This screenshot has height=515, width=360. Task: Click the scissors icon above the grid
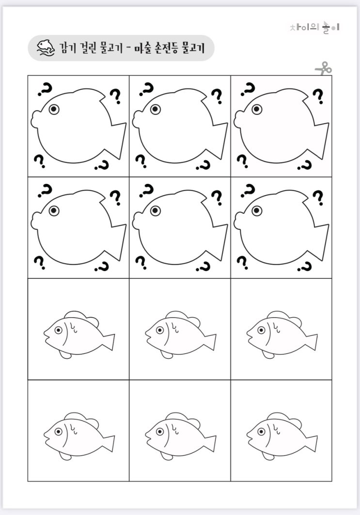coord(324,68)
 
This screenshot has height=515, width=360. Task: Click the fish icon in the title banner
coord(45,48)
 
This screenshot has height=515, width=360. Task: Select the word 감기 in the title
coord(68,48)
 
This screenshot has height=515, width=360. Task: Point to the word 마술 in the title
coord(142,48)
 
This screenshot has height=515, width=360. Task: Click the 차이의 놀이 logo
coord(315,27)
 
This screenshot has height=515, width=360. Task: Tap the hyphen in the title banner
coord(128,48)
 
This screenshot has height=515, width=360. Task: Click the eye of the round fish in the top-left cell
coord(54,109)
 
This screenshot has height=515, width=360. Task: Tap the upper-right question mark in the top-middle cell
coord(217,96)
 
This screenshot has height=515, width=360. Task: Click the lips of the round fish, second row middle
coord(135,221)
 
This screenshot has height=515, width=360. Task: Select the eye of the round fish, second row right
coord(257,210)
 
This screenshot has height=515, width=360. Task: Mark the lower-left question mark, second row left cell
coord(40,262)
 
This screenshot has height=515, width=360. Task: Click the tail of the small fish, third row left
coord(109,342)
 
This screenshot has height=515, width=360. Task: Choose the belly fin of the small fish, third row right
coord(268,354)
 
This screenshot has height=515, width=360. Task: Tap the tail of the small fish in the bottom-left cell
coord(109,443)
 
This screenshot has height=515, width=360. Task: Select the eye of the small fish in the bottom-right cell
coord(261,431)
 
